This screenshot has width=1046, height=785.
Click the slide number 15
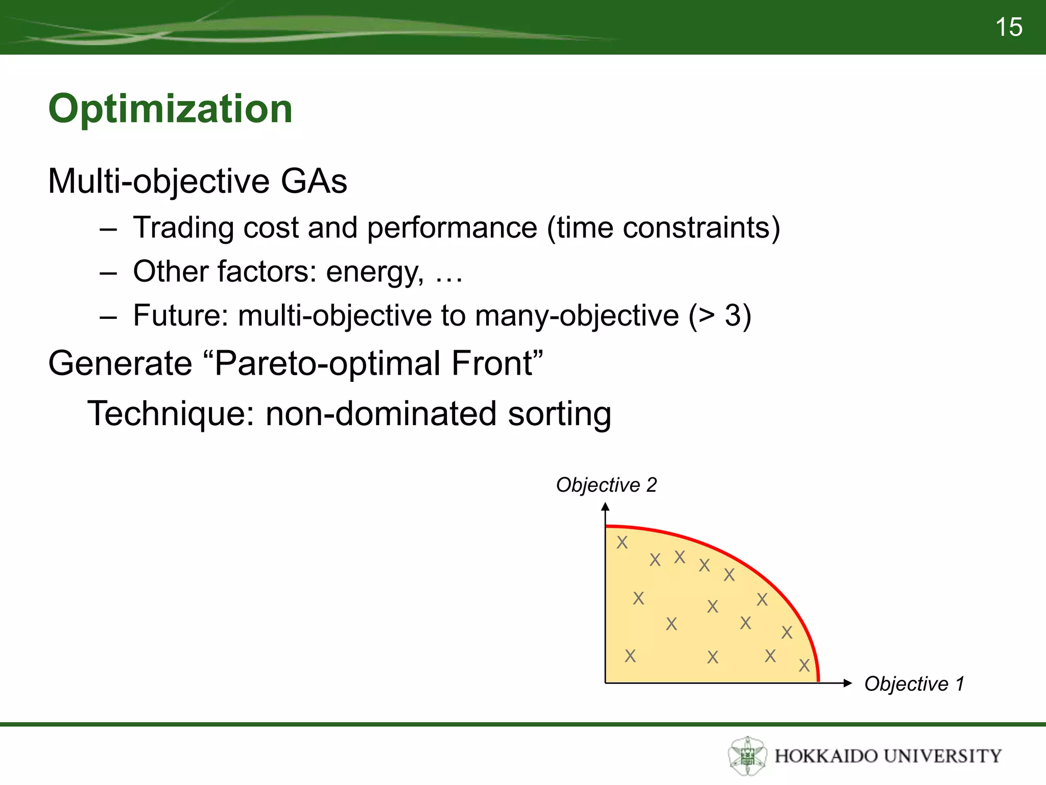point(1009,27)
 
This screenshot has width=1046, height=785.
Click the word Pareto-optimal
point(327,363)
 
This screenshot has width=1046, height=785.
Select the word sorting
point(559,413)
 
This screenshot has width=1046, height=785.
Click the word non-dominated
point(381,413)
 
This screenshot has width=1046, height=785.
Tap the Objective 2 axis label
point(606,484)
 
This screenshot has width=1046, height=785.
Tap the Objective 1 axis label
point(914,684)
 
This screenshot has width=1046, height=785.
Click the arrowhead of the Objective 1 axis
point(848,683)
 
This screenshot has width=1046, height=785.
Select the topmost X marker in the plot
point(622,542)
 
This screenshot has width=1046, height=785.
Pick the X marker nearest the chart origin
point(630,656)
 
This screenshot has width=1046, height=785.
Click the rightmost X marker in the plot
point(804,665)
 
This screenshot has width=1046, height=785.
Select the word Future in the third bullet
point(180,315)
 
